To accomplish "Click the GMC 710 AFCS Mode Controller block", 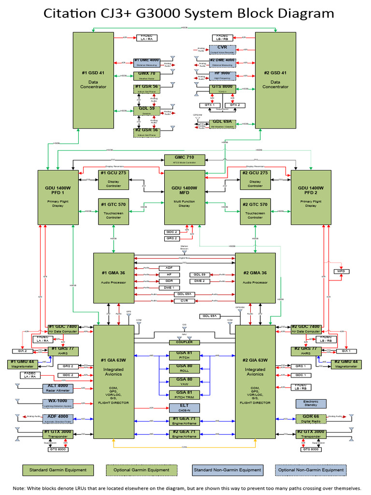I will (x=185, y=160).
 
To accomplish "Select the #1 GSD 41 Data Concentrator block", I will (x=94, y=80).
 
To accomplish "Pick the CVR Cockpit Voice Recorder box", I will (x=222, y=49).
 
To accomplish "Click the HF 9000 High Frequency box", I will (x=222, y=75).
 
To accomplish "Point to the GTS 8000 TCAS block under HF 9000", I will (x=222, y=88).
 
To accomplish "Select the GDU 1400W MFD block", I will (x=185, y=198).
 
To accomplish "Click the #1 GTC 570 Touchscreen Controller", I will (x=114, y=211).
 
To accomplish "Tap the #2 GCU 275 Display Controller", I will (x=255, y=179).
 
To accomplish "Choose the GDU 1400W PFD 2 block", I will (x=311, y=198).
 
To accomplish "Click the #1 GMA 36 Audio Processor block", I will (x=114, y=278).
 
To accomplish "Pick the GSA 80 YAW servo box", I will (x=184, y=381).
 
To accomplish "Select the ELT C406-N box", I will (x=184, y=407).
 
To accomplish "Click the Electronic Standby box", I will (x=311, y=404).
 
